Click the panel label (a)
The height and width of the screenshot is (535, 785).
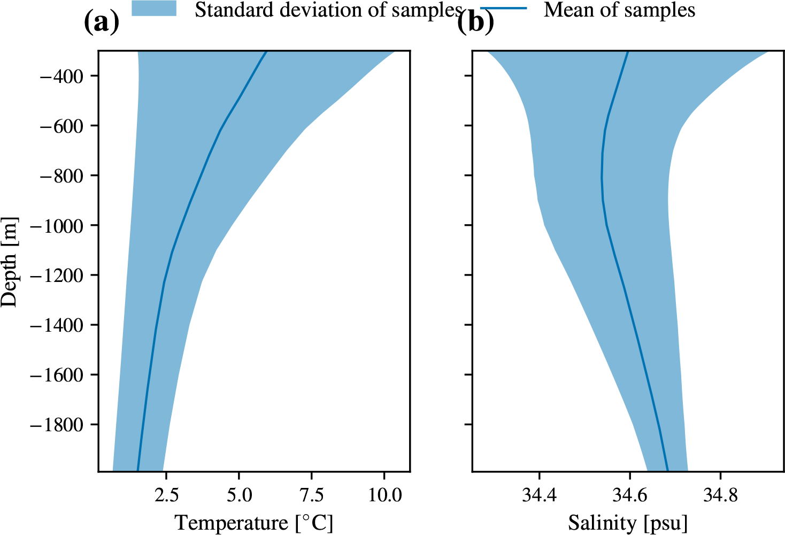[x=101, y=22]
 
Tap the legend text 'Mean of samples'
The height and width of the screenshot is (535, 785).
[x=619, y=10]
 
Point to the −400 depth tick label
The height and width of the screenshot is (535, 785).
[x=61, y=76]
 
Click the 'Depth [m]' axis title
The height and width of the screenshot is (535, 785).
[x=10, y=262]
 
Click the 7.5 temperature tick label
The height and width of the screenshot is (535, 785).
[x=311, y=495]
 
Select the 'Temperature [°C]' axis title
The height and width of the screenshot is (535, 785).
[x=254, y=523]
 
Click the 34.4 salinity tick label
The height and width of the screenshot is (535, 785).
[x=540, y=495]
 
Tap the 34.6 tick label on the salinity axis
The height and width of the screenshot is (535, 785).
[x=630, y=495]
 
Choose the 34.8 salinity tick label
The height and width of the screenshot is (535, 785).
[x=720, y=495]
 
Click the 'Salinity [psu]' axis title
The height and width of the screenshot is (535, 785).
[x=628, y=523]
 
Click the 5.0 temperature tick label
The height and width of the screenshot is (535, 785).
[x=238, y=495]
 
